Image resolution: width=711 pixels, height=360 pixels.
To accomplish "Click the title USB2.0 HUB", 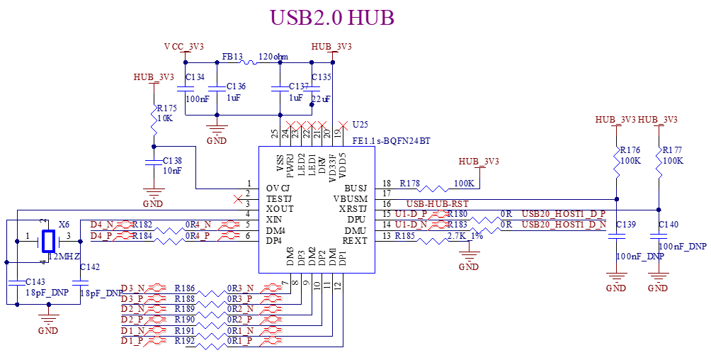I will (332, 18).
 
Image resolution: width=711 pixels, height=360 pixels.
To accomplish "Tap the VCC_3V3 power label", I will (184, 46).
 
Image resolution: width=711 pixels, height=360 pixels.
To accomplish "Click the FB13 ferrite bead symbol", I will (251, 62).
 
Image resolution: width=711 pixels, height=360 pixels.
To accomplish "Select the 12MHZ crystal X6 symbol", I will (48, 241).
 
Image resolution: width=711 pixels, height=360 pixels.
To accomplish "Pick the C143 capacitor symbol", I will (17, 283).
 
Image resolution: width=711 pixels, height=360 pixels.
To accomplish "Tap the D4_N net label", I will (101, 225).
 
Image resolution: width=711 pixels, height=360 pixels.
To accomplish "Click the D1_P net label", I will (132, 341).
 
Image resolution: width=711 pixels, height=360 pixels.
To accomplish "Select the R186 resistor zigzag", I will (212, 293).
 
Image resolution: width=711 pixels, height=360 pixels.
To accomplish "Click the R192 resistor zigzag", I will (212, 346).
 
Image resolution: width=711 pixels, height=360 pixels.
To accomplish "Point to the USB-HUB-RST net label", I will (438, 204).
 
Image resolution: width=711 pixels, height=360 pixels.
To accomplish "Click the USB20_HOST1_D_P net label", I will (564, 214).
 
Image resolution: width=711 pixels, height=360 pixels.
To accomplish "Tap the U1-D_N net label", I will (411, 225).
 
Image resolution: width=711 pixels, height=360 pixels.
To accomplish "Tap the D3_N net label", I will (132, 288).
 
